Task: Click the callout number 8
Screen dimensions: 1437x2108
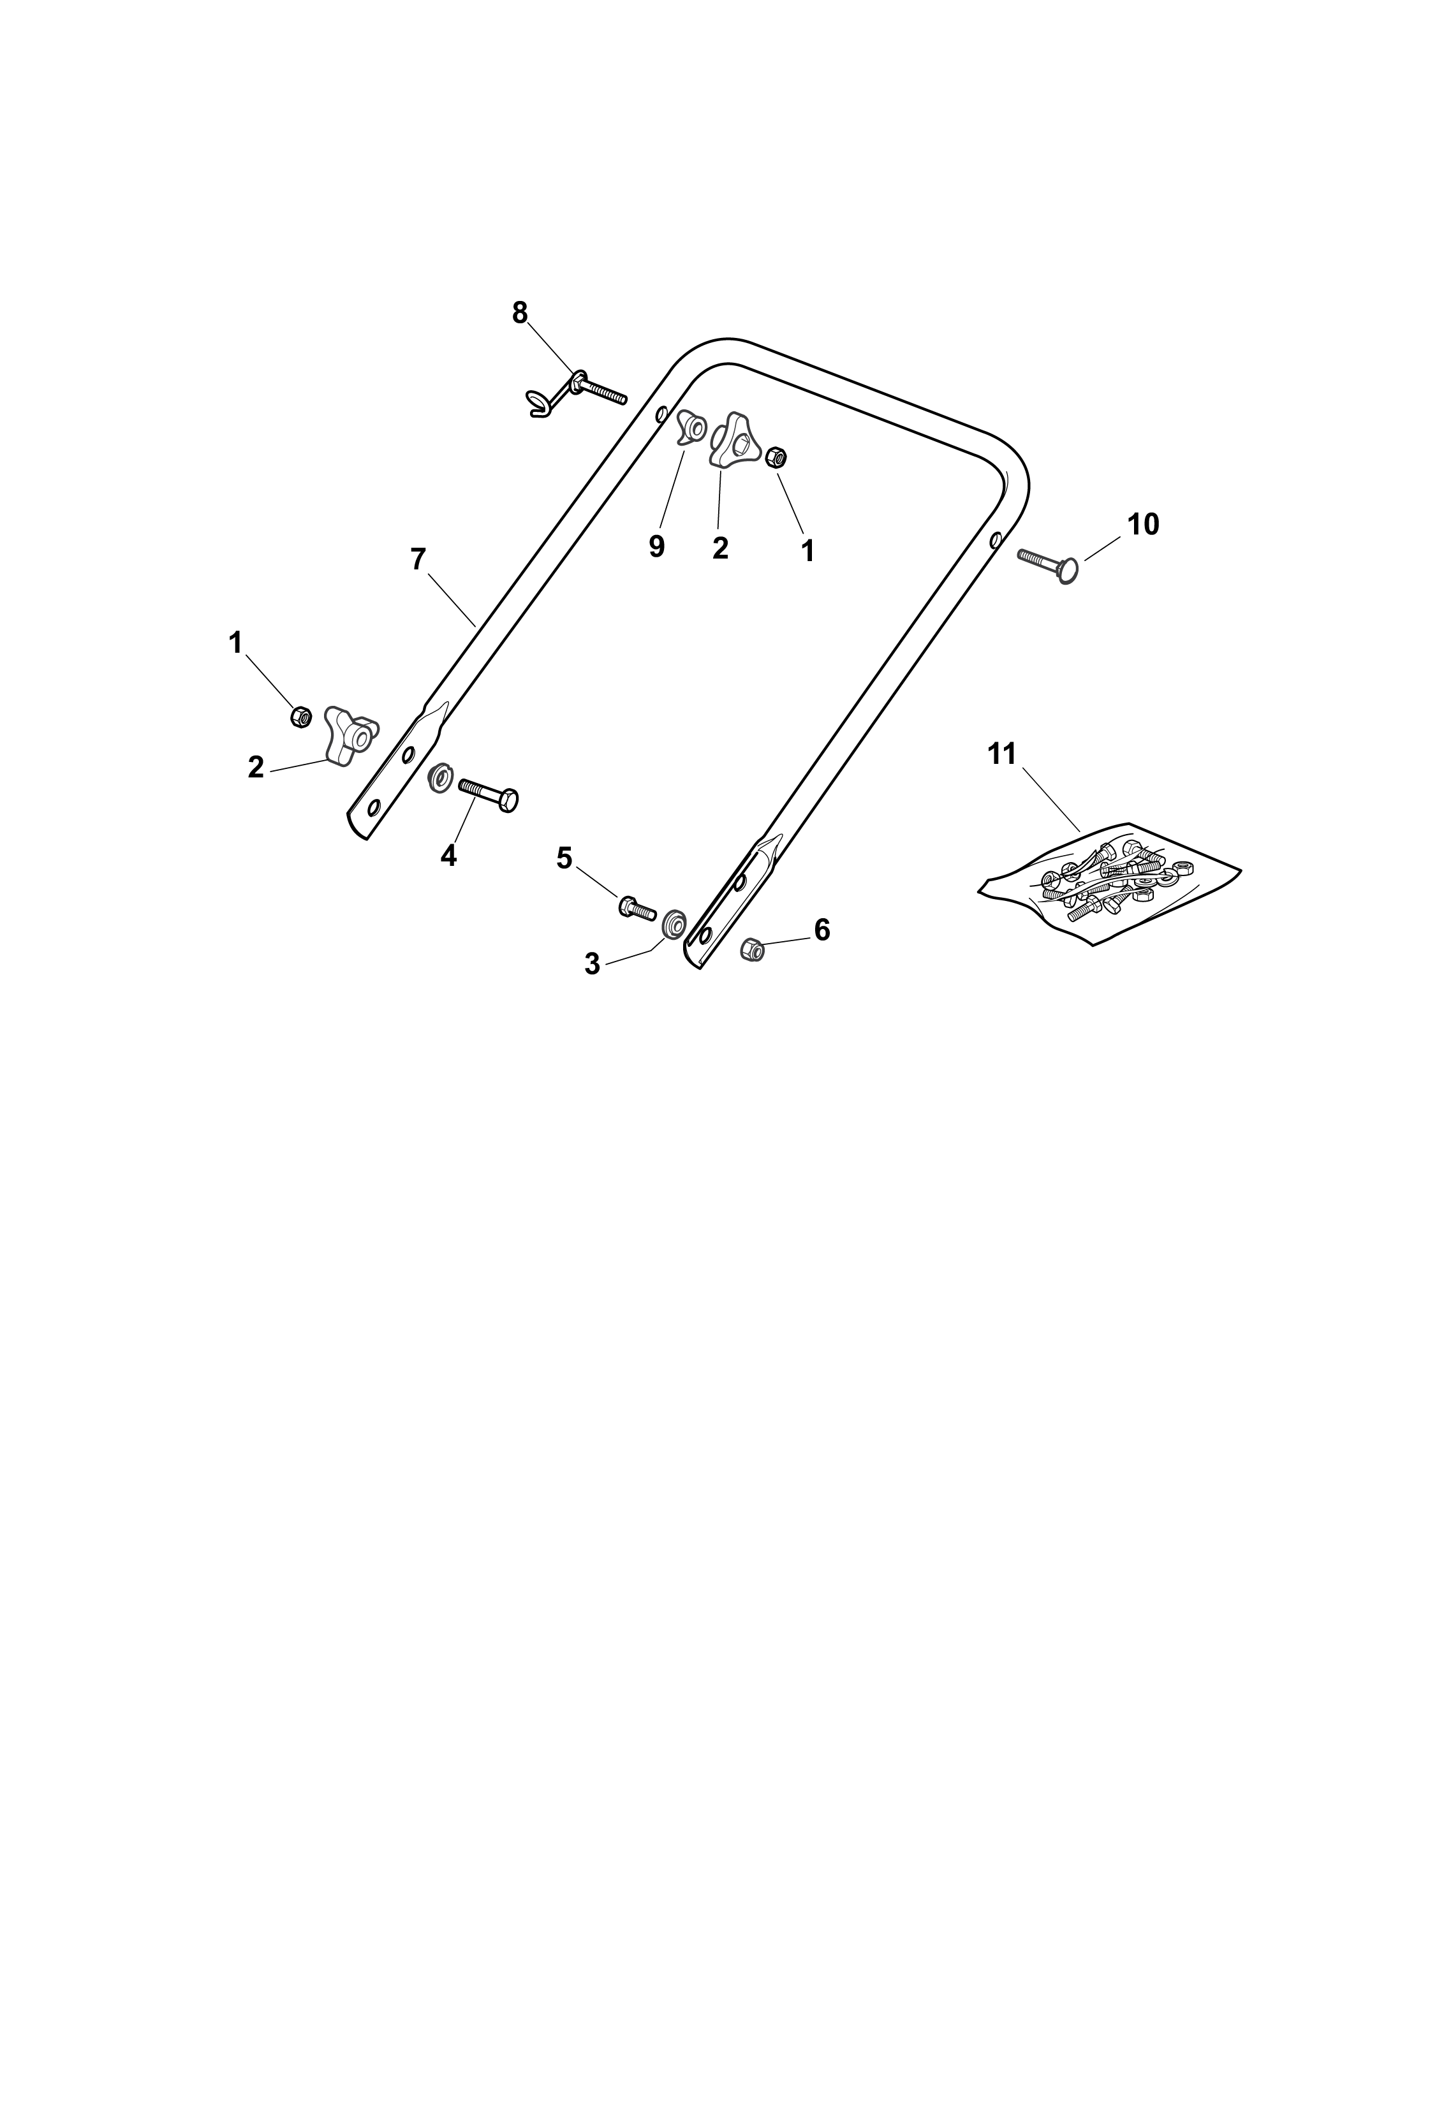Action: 519,313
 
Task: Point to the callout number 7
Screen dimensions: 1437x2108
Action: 417,560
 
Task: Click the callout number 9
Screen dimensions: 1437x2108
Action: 657,547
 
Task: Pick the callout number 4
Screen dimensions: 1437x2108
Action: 448,855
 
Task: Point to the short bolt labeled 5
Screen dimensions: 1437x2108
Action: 638,907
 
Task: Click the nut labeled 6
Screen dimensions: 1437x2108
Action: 752,949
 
